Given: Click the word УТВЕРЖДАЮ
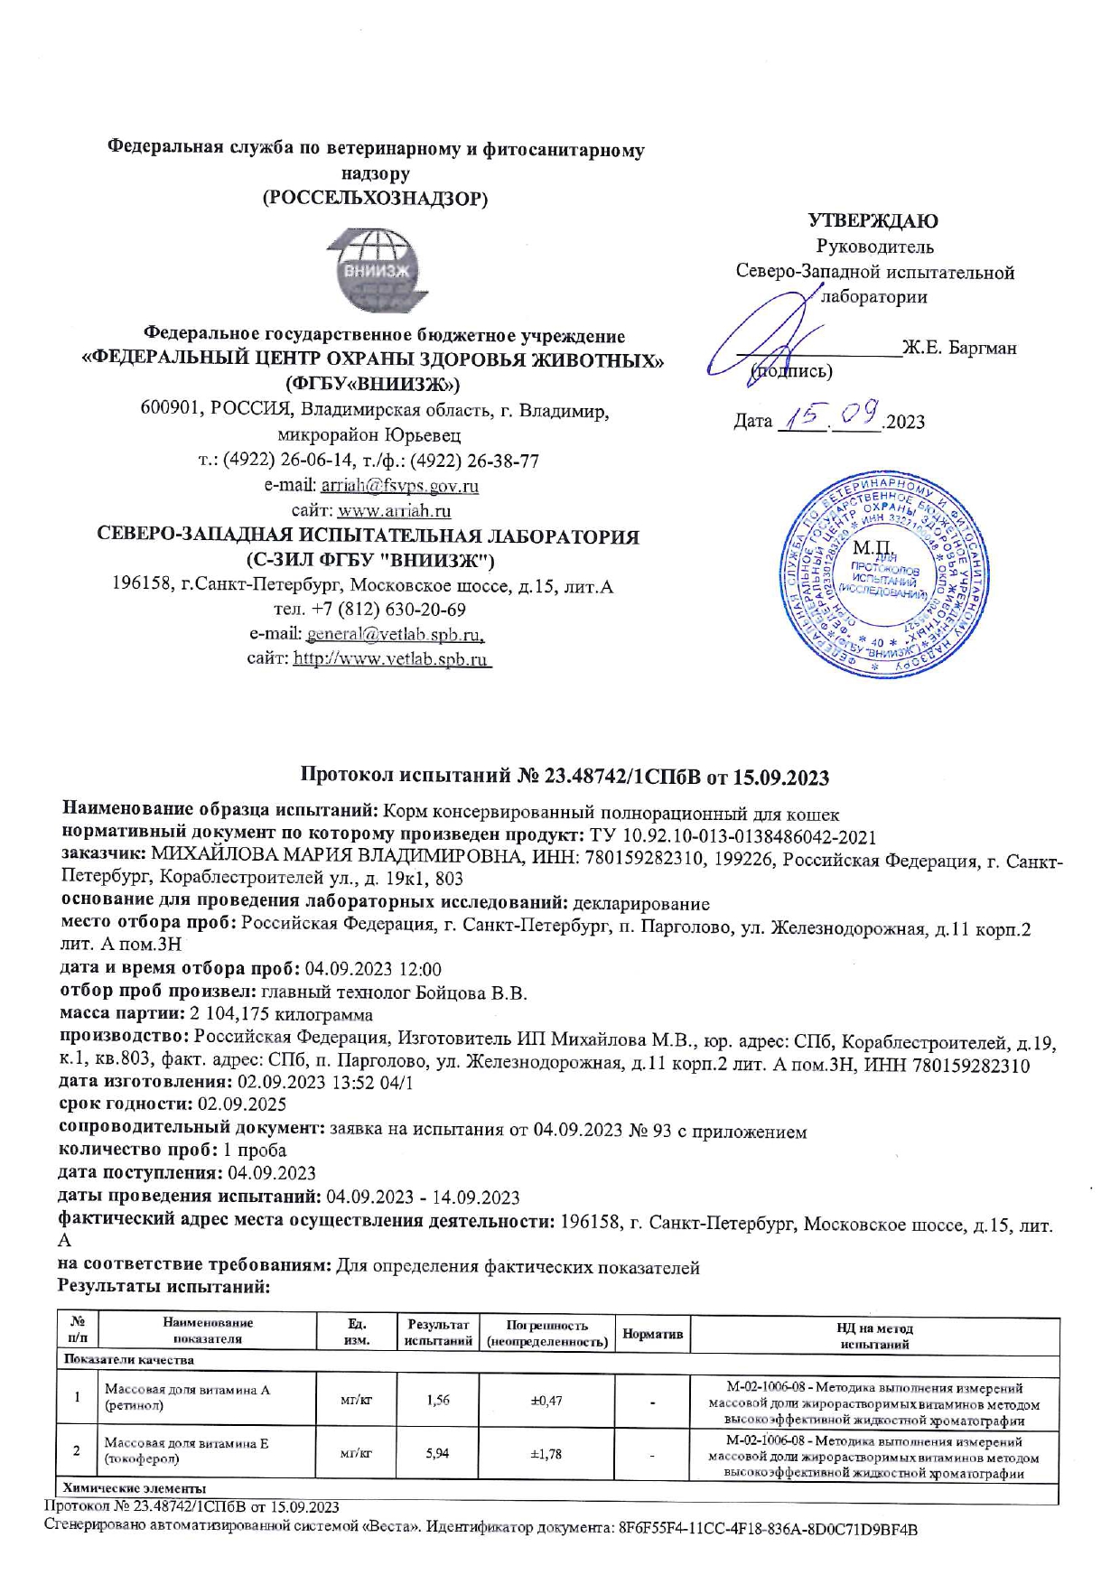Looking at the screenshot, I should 873,221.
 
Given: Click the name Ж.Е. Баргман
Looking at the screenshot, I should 960,348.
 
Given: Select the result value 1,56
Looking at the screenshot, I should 438,1401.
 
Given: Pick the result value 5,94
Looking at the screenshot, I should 437,1453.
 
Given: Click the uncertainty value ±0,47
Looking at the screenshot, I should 546,1401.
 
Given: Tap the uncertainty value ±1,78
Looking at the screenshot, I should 546,1453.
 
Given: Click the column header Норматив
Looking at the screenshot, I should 652,1334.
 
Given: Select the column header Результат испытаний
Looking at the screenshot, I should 438,1334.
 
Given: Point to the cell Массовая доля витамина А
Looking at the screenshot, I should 187,1390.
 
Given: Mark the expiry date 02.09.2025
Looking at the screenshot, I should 236,1104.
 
